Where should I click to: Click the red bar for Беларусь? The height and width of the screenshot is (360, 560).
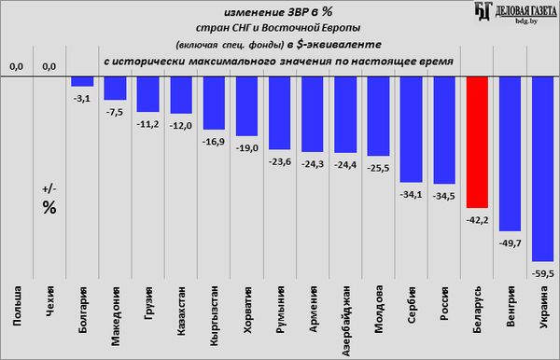(477, 142)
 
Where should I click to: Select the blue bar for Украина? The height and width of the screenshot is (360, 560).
(543, 169)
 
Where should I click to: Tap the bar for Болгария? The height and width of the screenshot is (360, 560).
(82, 81)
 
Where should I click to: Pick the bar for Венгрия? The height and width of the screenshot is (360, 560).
(510, 154)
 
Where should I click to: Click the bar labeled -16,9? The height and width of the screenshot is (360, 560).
(214, 103)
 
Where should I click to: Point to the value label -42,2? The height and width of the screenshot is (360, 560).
(477, 220)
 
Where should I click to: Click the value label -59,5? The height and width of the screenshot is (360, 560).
(543, 273)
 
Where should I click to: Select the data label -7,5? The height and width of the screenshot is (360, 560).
(115, 112)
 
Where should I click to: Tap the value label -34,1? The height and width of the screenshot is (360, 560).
(411, 194)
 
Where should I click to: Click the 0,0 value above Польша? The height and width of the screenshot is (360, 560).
(17, 66)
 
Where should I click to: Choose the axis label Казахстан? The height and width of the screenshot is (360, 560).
(181, 311)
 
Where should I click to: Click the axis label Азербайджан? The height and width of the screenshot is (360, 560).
(345, 321)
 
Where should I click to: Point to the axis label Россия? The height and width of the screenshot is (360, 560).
(444, 304)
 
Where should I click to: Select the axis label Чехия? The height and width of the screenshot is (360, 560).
(49, 302)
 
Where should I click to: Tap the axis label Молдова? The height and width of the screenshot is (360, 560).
(379, 309)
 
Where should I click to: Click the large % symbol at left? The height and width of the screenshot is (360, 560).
(49, 207)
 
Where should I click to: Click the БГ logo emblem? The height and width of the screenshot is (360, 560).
(483, 10)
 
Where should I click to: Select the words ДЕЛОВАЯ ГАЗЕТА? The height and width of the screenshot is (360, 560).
(526, 11)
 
